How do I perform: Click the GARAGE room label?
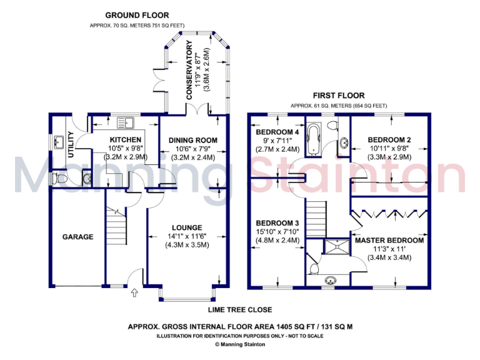[77, 237]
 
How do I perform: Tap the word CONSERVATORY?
[189, 69]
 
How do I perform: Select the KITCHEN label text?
[125, 139]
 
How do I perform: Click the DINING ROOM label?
[193, 139]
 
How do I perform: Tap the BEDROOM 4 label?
[277, 132]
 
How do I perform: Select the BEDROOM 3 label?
[277, 223]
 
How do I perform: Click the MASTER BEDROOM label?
[389, 240]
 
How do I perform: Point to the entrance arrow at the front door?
[134, 291]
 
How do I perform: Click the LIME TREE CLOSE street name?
[241, 309]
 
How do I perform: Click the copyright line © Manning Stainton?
[240, 344]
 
